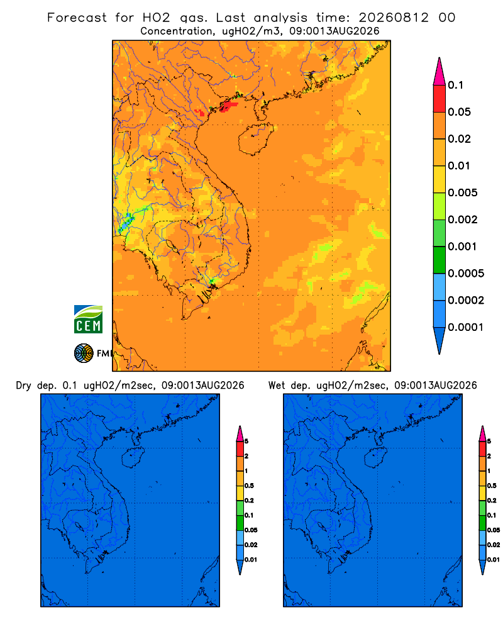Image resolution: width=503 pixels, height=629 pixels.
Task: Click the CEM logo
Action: click(x=88, y=320)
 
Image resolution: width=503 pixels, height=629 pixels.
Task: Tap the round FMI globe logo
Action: click(x=84, y=353)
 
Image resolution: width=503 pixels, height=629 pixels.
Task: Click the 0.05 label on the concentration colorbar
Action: click(x=459, y=112)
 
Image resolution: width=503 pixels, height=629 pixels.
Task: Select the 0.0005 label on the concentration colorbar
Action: click(x=466, y=274)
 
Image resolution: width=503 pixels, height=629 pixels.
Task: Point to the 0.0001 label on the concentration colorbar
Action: click(x=466, y=327)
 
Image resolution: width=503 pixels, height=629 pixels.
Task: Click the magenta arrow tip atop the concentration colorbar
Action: click(x=439, y=72)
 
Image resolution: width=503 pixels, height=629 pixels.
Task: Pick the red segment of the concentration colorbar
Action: click(x=439, y=99)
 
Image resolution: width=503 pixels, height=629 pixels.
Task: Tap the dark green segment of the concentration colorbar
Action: click(x=439, y=260)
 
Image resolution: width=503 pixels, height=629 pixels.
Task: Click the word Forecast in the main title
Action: click(x=77, y=18)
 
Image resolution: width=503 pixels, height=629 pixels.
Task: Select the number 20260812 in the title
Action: click(x=394, y=18)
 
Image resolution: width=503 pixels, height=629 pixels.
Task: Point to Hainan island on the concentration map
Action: click(x=256, y=139)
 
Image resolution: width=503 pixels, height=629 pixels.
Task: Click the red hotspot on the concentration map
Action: click(x=228, y=106)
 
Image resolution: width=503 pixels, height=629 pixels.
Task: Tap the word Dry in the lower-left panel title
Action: click(x=23, y=386)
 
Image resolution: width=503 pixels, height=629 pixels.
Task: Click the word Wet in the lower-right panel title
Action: click(x=276, y=386)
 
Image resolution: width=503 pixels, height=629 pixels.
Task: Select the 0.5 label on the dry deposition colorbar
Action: click(x=249, y=486)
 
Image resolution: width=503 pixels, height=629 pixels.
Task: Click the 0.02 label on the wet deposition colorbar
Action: click(x=494, y=545)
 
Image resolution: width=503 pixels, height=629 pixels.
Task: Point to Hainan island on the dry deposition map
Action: click(x=133, y=458)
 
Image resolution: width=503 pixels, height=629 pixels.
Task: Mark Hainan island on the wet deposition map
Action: click(x=376, y=458)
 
